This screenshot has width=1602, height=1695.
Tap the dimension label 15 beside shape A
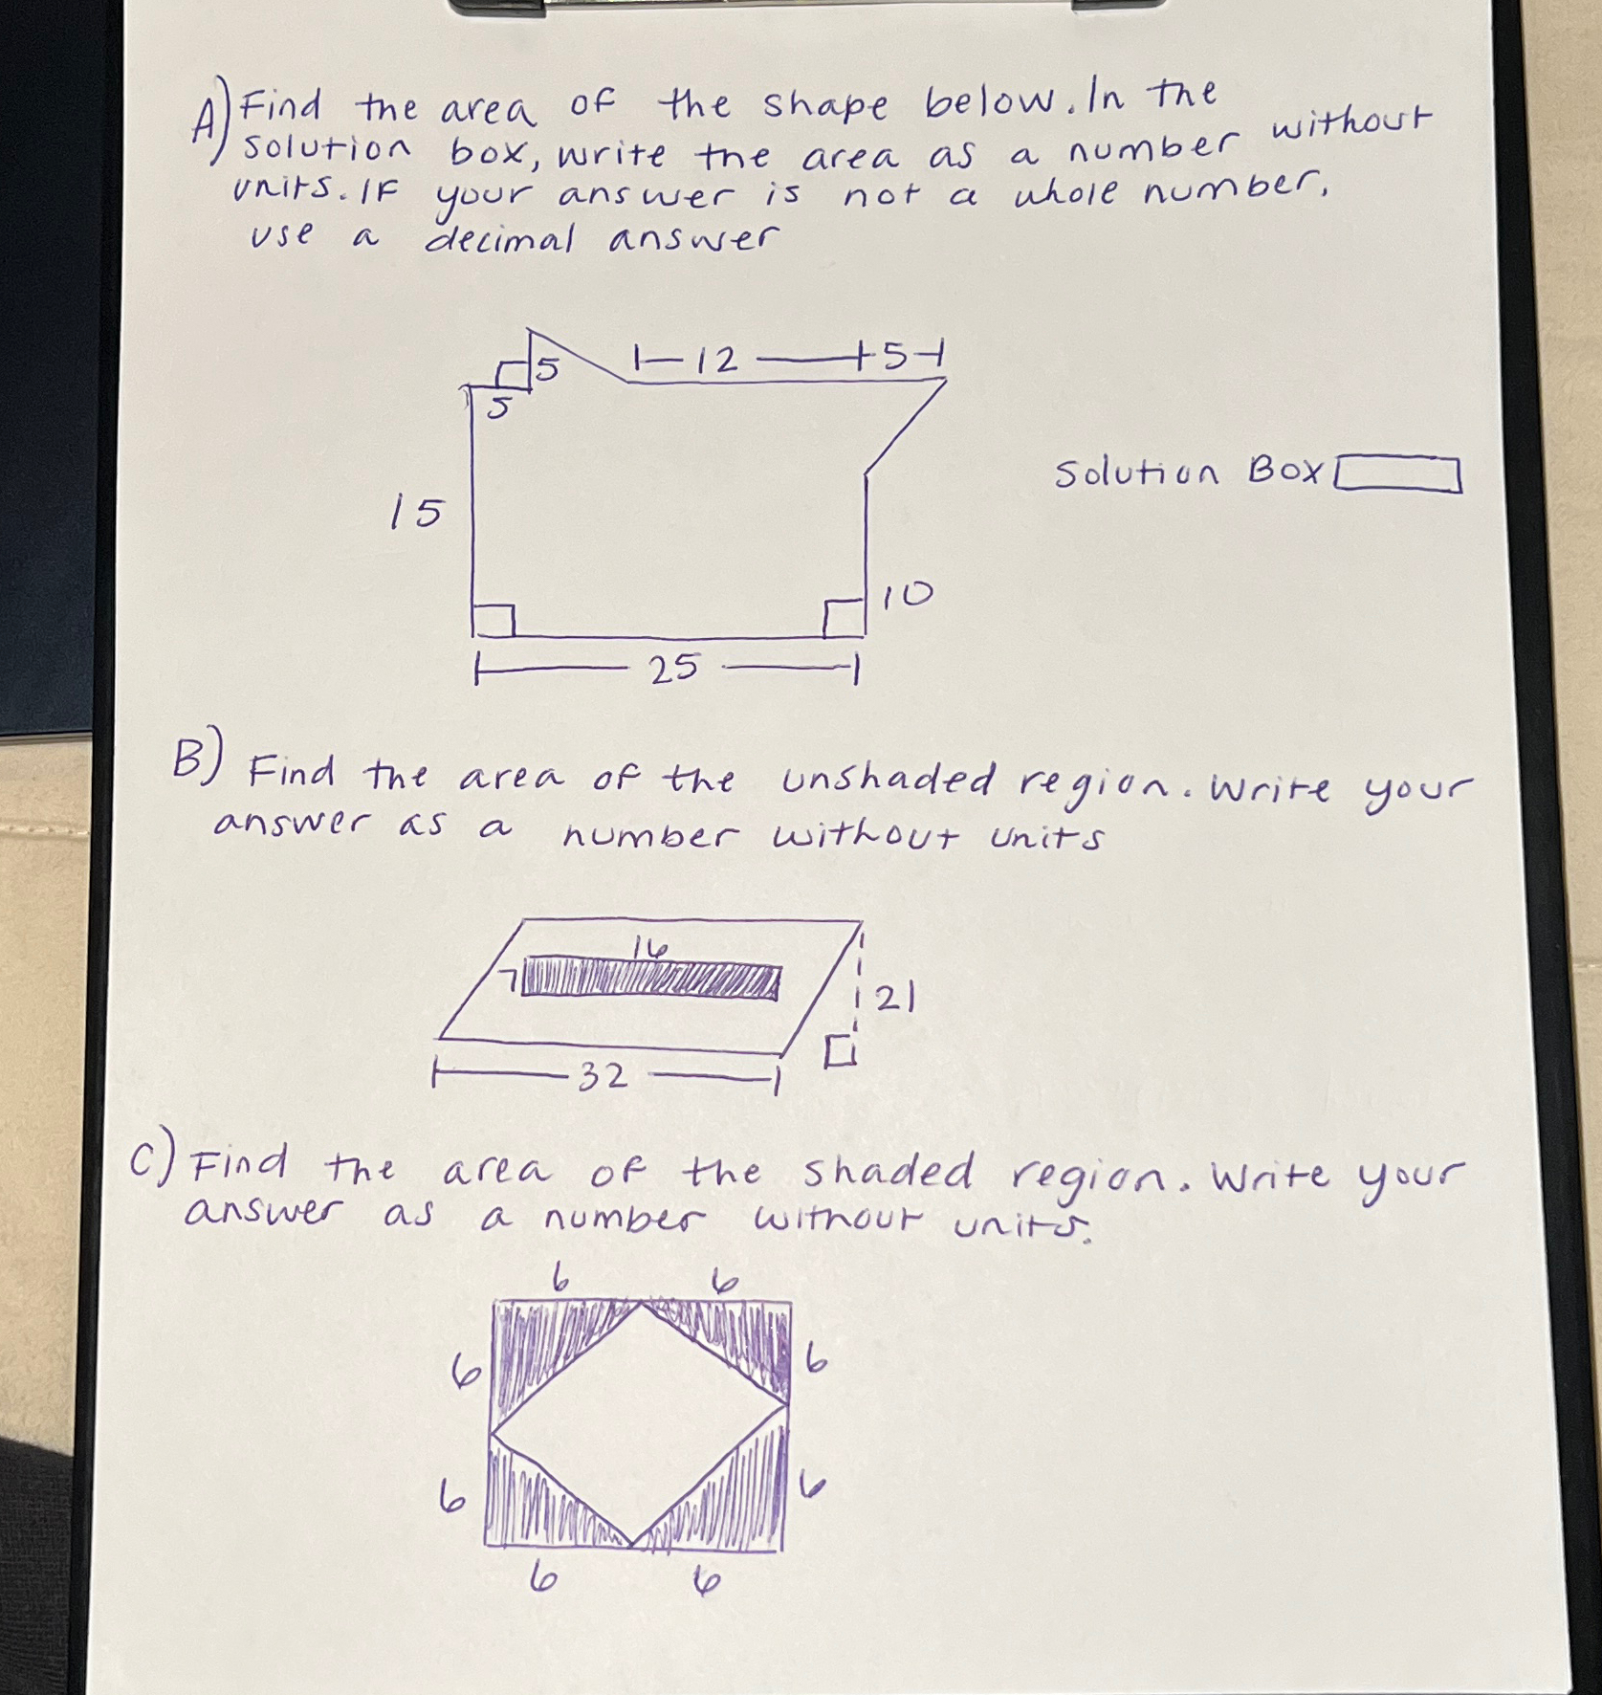pos(417,514)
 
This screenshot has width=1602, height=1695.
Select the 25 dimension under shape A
pos(674,669)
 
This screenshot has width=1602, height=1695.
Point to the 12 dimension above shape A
pos(717,361)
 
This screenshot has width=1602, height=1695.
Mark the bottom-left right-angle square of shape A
pos(494,620)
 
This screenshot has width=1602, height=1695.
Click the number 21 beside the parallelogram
pos(897,1000)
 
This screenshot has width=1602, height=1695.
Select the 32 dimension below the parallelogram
pos(604,1078)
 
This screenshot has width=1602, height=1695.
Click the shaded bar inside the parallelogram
pos(650,981)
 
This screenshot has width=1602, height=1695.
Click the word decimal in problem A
pos(500,238)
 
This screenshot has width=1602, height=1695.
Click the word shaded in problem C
pos(888,1173)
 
